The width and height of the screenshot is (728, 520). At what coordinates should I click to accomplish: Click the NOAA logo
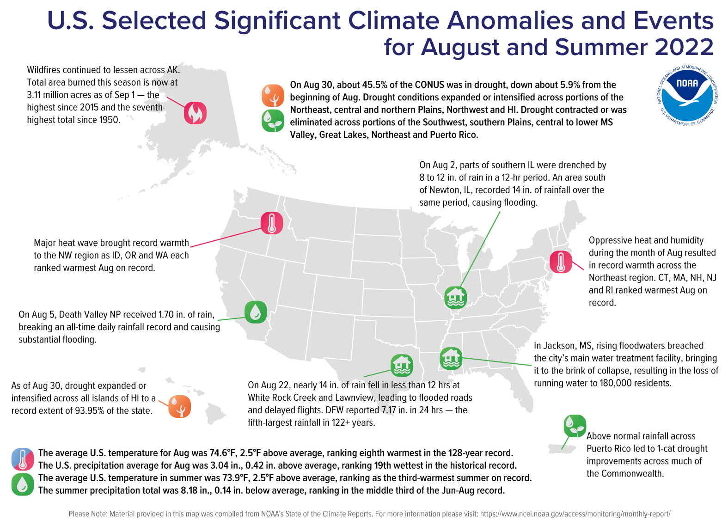(687, 96)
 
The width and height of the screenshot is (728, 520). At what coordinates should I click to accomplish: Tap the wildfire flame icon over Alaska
(195, 113)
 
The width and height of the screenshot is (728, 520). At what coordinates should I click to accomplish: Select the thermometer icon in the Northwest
(272, 223)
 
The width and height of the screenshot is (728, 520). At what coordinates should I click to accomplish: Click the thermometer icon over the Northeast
(561, 262)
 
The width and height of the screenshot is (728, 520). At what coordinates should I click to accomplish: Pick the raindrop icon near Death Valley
(256, 312)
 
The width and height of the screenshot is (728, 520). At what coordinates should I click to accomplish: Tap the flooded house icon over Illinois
(455, 297)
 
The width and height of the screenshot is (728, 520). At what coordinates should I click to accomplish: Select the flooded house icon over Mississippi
(451, 358)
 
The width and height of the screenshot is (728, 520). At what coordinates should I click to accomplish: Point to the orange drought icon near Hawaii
(179, 407)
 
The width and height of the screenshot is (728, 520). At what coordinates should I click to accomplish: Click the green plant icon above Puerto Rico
(575, 426)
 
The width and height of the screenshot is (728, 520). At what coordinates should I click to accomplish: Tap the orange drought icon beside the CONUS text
(273, 96)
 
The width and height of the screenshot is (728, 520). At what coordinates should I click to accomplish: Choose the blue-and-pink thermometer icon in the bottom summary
(23, 459)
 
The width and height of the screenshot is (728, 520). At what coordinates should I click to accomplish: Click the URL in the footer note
(575, 514)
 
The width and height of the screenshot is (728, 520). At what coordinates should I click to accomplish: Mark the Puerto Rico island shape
(563, 449)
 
